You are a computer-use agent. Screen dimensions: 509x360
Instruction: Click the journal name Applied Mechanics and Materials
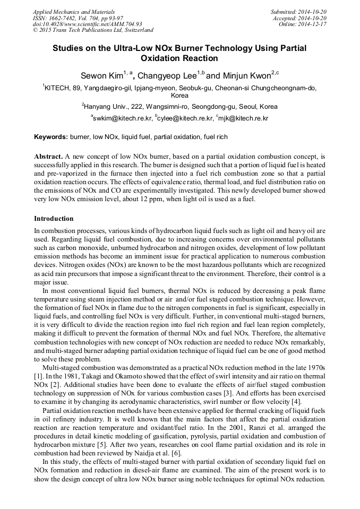click(67, 11)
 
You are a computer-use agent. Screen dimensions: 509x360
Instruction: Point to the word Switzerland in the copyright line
click(137, 30)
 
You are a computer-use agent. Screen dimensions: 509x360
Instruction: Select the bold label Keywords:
click(51, 137)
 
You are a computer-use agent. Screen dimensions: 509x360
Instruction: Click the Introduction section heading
click(54, 219)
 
